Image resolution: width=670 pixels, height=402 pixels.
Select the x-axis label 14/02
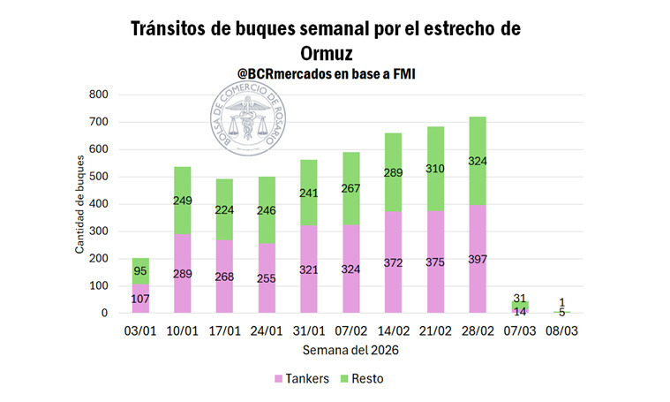pos(394,331)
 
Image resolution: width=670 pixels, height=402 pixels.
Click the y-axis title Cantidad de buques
pos(79,204)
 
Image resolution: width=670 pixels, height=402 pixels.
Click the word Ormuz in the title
pos(324,54)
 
